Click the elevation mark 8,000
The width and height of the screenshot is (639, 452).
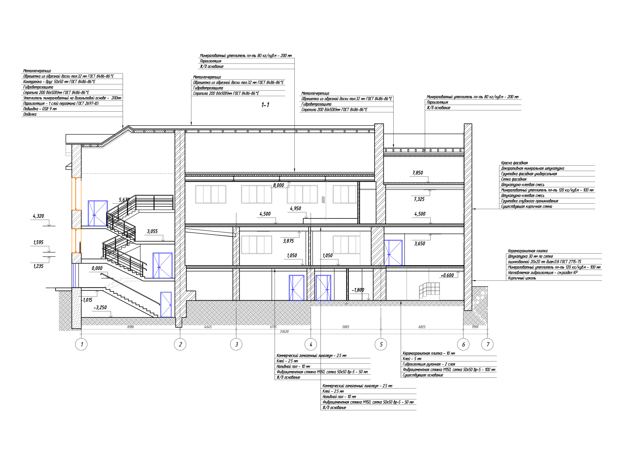278,185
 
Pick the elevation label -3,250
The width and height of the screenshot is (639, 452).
100,307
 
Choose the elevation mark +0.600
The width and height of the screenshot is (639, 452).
447,276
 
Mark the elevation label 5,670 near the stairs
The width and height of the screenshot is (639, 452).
124,200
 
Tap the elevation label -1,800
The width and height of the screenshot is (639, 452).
358,290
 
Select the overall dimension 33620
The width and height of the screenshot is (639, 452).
284,331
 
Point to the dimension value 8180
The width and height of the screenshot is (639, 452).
131,327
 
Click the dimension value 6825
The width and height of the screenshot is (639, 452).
422,327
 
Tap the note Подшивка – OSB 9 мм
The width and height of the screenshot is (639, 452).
40,109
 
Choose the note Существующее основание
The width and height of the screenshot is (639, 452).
423,375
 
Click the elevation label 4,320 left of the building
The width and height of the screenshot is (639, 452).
38,216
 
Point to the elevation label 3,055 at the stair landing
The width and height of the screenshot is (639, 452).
152,232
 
